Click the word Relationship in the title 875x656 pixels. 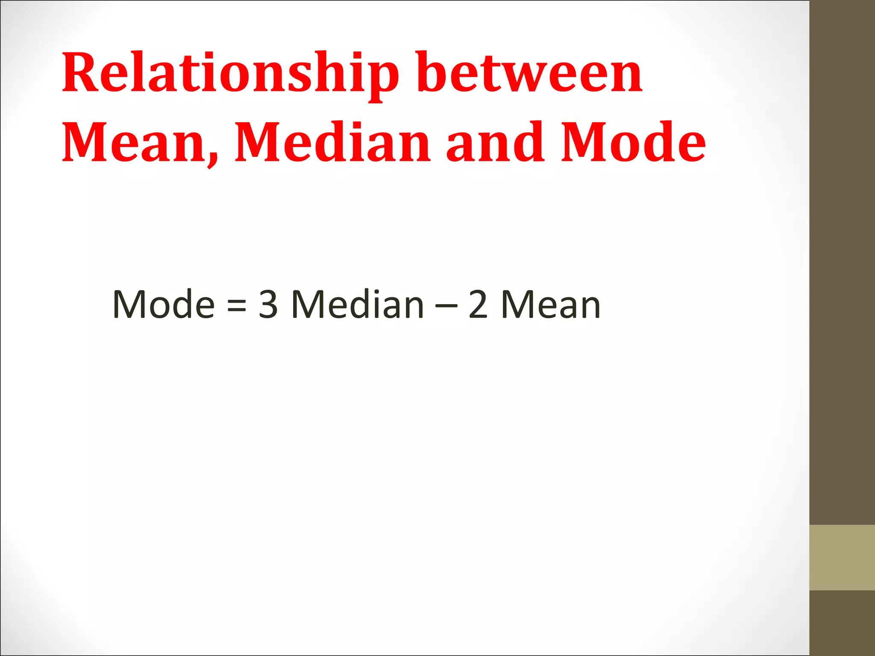tap(231, 73)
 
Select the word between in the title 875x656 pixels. tap(530, 73)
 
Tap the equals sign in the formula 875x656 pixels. tap(237, 305)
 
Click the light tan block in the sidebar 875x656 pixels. tap(842, 557)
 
